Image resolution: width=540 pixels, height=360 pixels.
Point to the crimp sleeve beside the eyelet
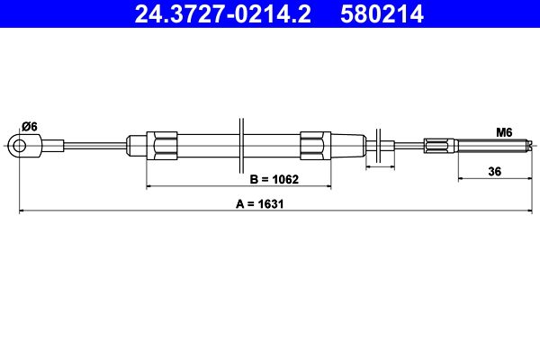pos(51,145)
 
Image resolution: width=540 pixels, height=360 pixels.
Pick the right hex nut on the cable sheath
pos(311,145)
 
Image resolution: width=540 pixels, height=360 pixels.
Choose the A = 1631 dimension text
pos(260,203)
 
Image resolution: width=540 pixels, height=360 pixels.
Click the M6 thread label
pos(504,132)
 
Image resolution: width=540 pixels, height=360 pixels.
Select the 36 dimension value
pos(495,170)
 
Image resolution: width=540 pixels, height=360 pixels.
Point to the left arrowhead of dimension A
pos(22,211)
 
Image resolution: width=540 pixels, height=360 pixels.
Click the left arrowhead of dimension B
pos(149,187)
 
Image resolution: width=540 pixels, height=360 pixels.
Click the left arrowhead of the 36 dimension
pos(461,179)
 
